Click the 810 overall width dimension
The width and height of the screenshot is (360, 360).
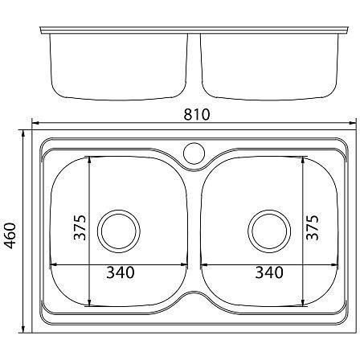point(197,114)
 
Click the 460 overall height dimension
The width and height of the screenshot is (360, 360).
point(10,235)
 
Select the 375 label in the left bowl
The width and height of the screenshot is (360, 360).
point(80,227)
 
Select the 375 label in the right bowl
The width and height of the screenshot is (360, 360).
point(313,227)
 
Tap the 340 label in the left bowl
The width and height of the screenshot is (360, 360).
point(121,272)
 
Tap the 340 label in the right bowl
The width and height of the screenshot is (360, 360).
point(269,272)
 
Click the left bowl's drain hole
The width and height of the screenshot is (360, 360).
point(119,231)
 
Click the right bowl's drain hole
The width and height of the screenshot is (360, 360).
point(269,231)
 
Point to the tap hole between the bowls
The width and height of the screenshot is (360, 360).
point(194,153)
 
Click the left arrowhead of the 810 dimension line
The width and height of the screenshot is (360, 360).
point(35,123)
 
